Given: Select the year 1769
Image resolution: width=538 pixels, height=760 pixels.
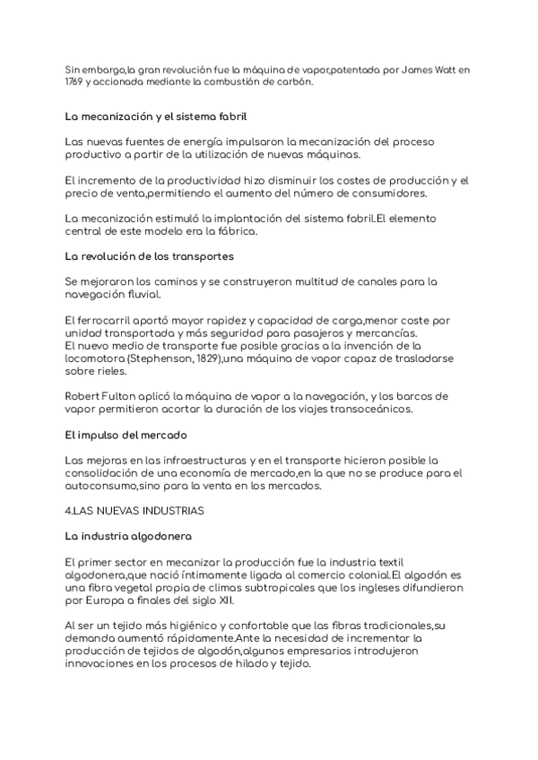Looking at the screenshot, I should coord(74,82).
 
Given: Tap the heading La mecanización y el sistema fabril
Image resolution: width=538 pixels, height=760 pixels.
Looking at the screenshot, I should coord(156,117).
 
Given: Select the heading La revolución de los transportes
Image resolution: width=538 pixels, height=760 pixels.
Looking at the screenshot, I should coord(150,256).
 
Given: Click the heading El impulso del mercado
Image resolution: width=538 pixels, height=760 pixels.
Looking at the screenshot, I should coord(126,435).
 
